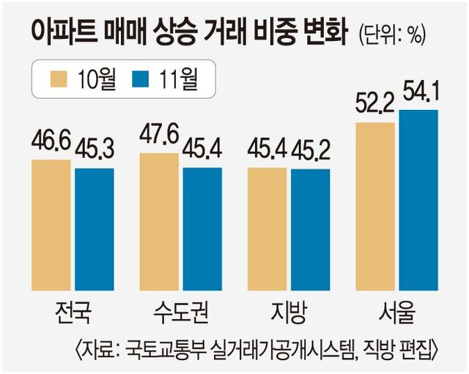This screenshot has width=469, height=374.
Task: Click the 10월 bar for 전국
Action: (53, 224)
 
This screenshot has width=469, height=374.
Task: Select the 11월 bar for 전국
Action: (94, 229)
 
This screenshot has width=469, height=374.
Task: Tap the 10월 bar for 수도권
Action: (159, 220)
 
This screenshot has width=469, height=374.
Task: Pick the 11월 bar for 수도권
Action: (202, 229)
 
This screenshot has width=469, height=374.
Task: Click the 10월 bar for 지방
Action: (267, 229)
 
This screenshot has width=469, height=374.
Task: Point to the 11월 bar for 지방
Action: (311, 230)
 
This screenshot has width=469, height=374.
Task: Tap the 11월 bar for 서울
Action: (418, 199)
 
